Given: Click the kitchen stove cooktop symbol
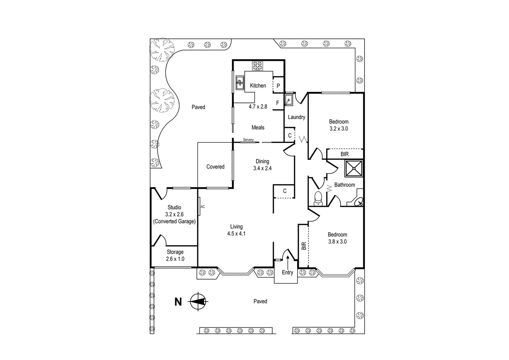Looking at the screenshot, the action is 257,66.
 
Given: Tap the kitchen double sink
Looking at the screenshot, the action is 240,83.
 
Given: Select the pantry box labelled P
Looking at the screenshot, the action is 278,86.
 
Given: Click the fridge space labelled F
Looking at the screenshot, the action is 277,103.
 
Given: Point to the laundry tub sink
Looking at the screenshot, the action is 288,100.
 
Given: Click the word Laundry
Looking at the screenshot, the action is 296,117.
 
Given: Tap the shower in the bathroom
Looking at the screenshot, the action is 353,168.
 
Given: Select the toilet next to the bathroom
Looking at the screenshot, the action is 318,198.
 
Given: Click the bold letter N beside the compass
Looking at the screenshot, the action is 179,302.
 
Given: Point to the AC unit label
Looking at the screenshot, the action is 203,207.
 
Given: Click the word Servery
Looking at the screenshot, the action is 248,140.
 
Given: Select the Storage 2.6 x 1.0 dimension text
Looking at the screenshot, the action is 175,259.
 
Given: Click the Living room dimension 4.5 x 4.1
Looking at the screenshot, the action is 236,234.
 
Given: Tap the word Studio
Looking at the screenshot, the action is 174,207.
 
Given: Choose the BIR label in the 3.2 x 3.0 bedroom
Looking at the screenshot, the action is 344,154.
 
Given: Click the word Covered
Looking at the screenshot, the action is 215,167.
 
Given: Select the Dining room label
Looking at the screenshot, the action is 262,161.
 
